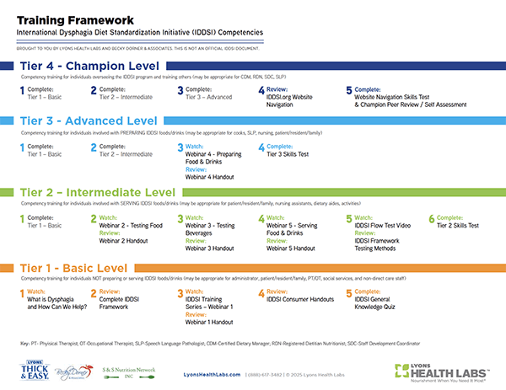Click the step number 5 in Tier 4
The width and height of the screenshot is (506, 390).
pos(349,90)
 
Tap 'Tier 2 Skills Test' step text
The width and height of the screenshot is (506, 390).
pos(460,226)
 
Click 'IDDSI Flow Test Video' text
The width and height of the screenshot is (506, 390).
pos(380,226)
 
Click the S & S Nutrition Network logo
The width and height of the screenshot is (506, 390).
pos(126,368)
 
